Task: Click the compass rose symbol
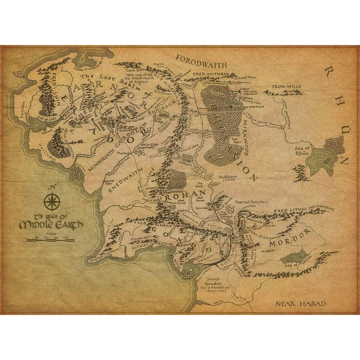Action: click(52, 202)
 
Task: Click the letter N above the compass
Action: click(52, 187)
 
